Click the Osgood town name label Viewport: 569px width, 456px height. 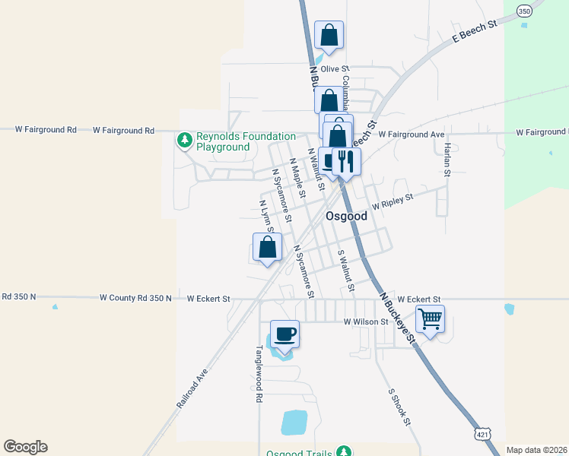point(346,216)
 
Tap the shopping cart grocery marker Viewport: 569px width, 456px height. point(430,319)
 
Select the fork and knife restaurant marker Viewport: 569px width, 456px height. point(346,161)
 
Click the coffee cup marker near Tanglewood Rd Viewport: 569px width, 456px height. point(284,334)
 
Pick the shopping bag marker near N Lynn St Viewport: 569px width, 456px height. point(267,247)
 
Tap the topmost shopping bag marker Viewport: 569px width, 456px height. point(329,35)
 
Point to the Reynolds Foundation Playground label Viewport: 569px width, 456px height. point(223,141)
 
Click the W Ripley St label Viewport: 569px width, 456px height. point(392,201)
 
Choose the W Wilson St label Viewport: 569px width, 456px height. point(366,321)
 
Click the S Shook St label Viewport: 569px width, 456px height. point(399,407)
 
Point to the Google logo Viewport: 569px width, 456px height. point(25,447)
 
